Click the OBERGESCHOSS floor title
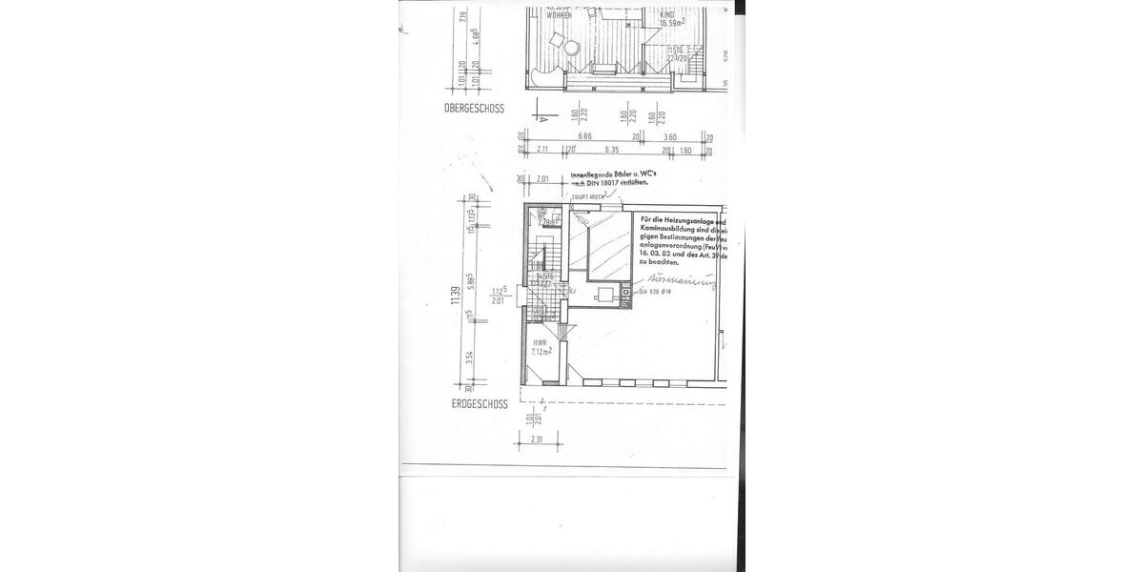click(474, 109)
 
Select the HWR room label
click(540, 342)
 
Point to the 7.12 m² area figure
click(541, 351)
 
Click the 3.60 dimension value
click(670, 137)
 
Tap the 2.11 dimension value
click(543, 150)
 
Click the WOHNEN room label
click(559, 16)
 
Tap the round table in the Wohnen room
click(571, 48)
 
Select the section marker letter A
click(542, 121)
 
